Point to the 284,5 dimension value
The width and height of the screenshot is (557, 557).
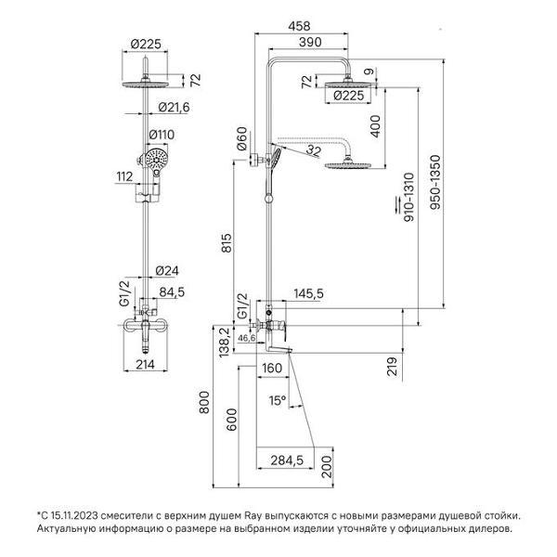point(288,460)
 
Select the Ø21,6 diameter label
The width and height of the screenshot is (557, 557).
point(173,108)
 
